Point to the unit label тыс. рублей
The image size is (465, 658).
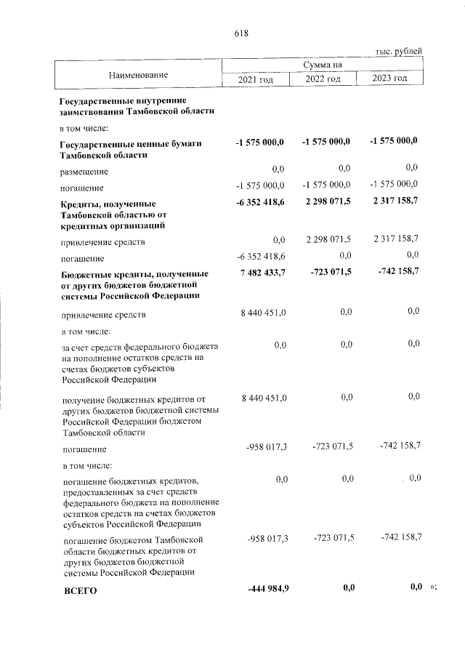[398, 51]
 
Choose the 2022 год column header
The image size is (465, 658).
[323, 79]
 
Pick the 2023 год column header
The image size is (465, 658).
[389, 79]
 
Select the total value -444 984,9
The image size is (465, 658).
[268, 588]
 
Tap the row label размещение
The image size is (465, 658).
[85, 172]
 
